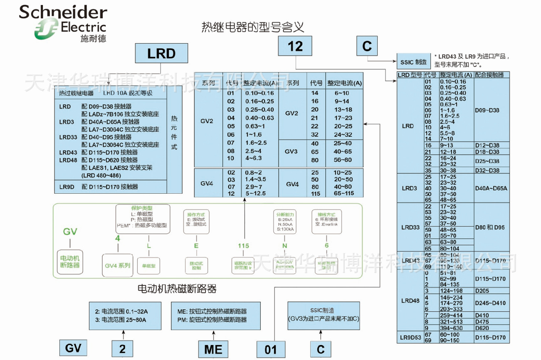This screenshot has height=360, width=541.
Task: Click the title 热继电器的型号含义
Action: click(253, 27)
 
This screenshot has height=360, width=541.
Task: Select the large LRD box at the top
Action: click(161, 54)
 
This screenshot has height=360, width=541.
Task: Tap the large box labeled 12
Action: click(295, 46)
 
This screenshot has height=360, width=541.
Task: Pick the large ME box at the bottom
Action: click(213, 349)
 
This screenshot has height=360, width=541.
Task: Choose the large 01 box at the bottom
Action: click(271, 350)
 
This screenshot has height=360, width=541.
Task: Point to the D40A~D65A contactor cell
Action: click(491, 188)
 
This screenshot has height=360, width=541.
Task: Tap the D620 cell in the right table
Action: click(482, 328)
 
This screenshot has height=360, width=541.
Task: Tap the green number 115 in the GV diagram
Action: click(243, 246)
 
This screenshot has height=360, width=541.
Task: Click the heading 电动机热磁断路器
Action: click(177, 288)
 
